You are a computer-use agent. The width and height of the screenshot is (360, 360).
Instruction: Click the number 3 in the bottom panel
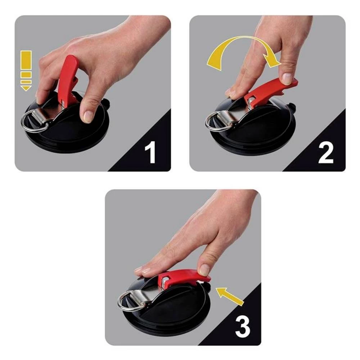(242, 326)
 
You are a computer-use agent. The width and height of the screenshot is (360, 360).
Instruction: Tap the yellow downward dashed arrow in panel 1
(26, 70)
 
